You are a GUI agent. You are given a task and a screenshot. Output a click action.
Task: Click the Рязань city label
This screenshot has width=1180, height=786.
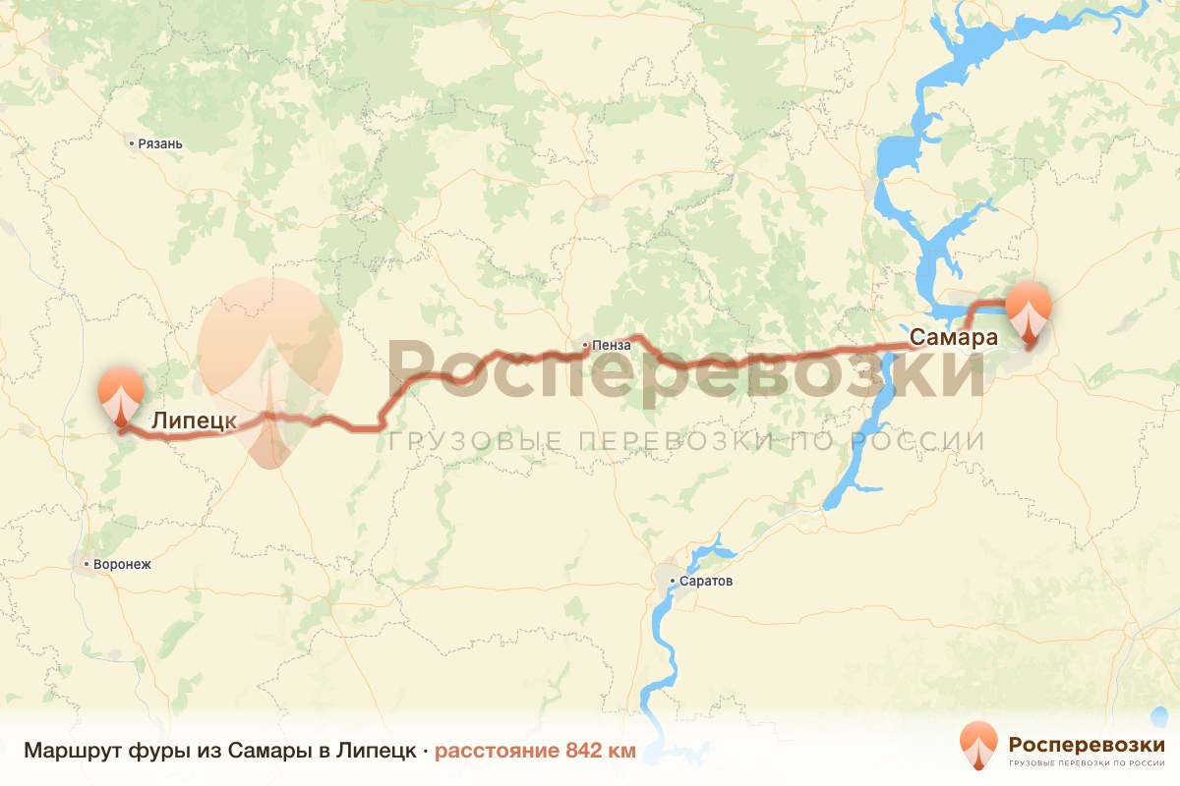coord(161,143)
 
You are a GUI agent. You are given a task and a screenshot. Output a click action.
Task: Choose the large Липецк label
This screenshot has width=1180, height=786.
coord(194,421)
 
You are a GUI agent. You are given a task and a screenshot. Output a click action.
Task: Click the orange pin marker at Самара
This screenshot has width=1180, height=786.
coord(1029,310)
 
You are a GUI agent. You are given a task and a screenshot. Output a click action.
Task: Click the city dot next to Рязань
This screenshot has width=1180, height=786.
coord(132,143)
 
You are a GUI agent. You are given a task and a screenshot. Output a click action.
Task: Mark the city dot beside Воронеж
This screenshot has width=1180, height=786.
coord(87,565)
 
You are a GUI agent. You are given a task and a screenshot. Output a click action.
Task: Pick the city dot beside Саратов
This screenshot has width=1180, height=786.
coord(673,582)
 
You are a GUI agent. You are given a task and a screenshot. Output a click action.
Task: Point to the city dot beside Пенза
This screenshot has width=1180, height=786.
coord(585,345)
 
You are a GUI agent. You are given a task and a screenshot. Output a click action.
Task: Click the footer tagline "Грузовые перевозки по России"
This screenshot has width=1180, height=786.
coord(1087,762)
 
